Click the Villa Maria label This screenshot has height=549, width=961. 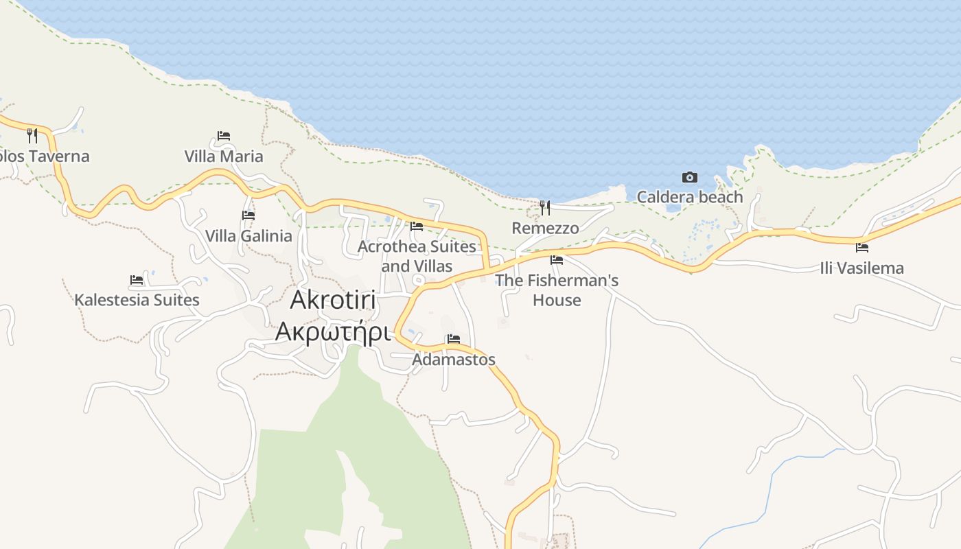(224, 156)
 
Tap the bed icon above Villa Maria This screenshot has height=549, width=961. (224, 136)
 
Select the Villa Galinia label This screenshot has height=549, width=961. (248, 236)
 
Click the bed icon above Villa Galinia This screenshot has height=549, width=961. (248, 215)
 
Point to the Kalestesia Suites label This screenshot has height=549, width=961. (137, 300)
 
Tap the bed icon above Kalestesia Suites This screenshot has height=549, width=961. (137, 280)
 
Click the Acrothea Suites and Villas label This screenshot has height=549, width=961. (417, 256)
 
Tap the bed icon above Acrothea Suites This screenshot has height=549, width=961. (417, 226)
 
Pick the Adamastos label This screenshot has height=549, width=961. (454, 360)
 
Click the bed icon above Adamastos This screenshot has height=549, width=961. (454, 339)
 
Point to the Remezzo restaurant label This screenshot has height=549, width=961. (545, 228)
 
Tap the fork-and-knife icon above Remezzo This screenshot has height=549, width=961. (545, 207)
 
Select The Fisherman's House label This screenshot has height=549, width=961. (557, 290)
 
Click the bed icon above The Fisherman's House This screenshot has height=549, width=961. (557, 260)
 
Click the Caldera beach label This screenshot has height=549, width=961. (690, 198)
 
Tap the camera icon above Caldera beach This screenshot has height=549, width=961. (690, 178)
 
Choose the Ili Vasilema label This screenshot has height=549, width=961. (862, 268)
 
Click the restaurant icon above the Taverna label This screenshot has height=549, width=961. (32, 135)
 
